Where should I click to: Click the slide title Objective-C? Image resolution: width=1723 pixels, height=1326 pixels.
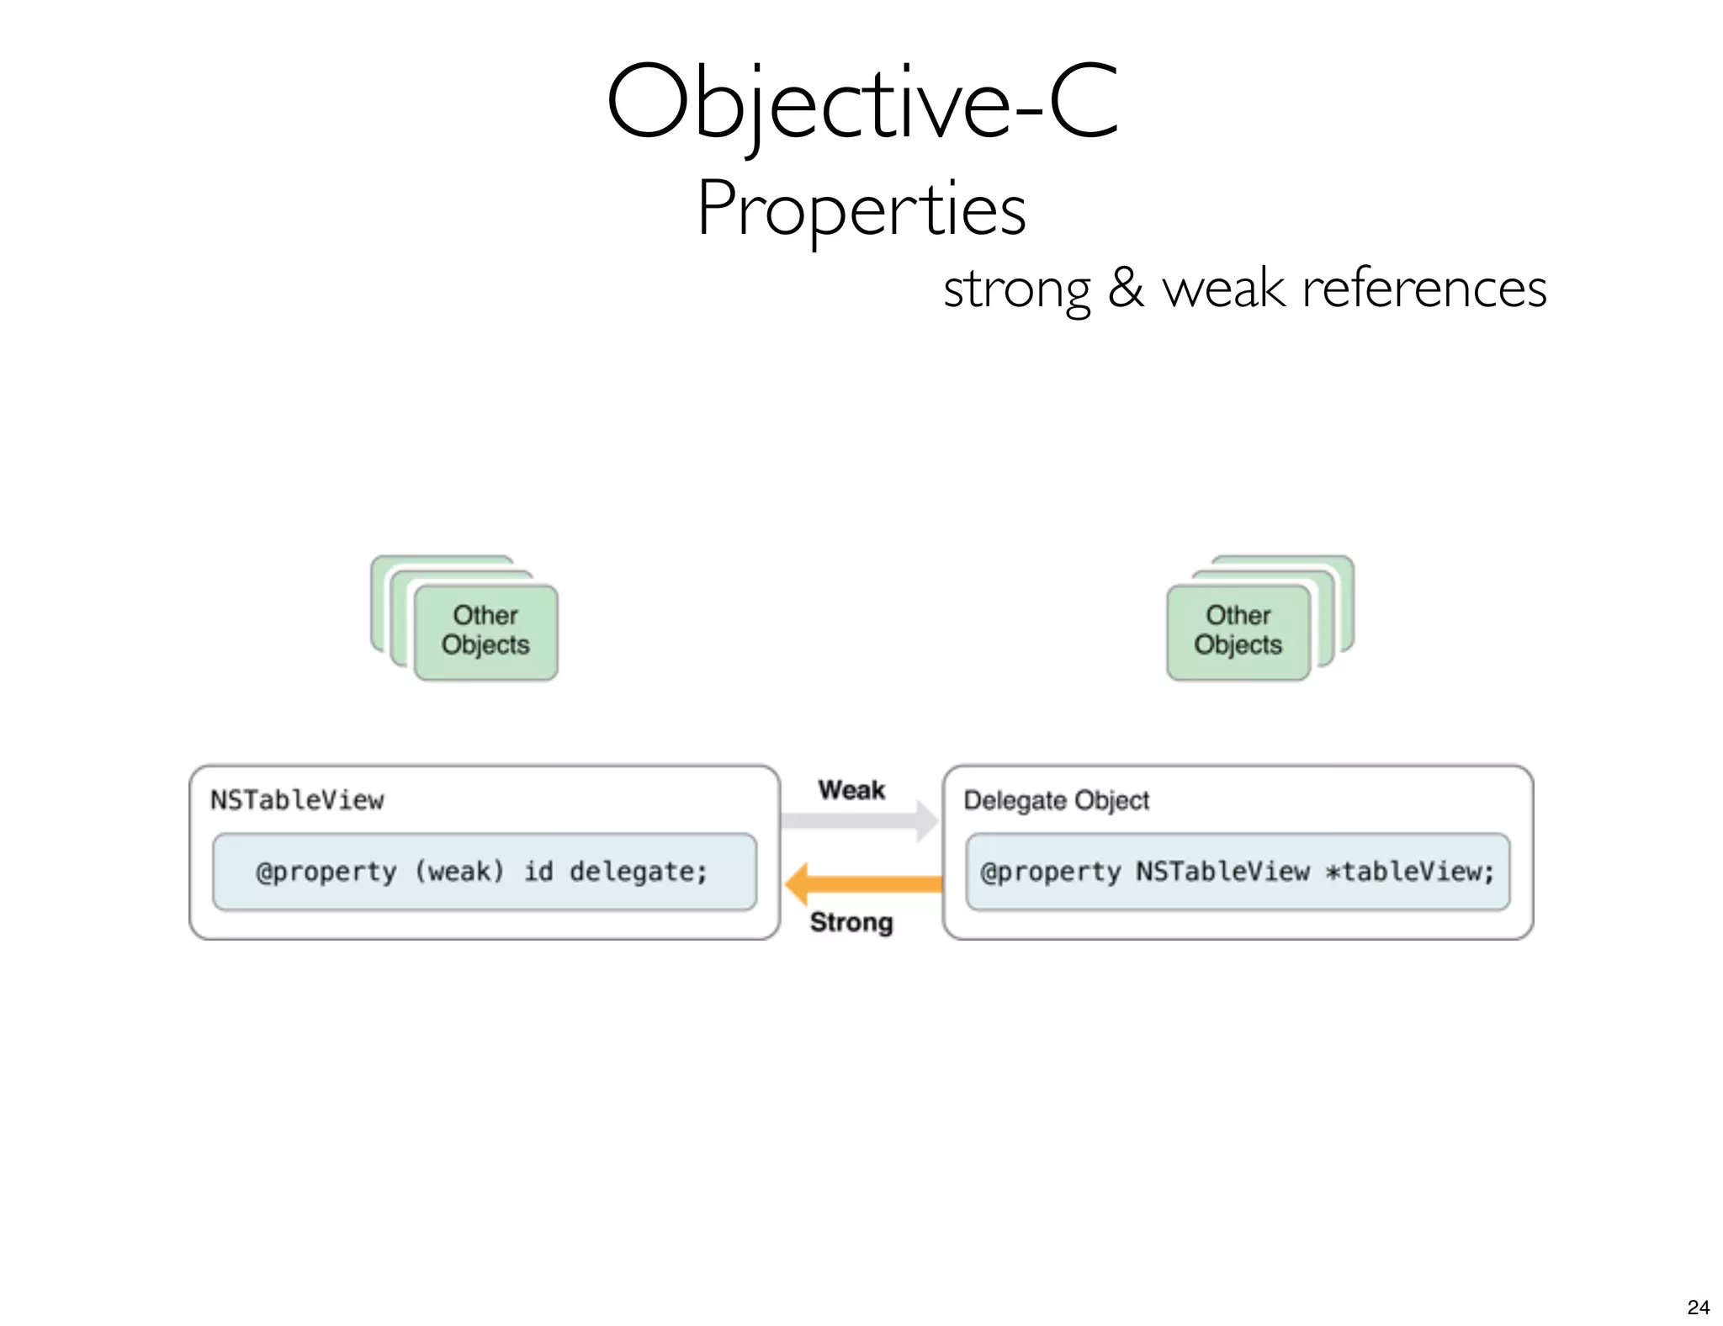click(x=861, y=103)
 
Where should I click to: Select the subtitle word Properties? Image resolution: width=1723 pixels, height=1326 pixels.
click(x=861, y=209)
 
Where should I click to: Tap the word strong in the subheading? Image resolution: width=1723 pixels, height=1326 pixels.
click(x=1016, y=289)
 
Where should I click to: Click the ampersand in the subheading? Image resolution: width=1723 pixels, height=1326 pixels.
click(x=1126, y=288)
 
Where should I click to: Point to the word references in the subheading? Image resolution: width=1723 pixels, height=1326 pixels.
click(x=1423, y=288)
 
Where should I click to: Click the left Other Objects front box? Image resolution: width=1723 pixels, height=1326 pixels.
click(x=485, y=631)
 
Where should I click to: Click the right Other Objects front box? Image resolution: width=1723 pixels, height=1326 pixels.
click(x=1238, y=631)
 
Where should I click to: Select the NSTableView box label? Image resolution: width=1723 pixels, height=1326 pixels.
click(x=297, y=799)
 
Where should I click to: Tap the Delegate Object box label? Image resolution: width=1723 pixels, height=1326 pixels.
click(x=1056, y=799)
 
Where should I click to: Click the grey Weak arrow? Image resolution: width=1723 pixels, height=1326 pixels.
click(x=858, y=820)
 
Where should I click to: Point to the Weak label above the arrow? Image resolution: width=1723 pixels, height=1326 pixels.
click(x=851, y=790)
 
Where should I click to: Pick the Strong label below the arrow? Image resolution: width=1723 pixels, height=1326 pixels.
click(x=851, y=922)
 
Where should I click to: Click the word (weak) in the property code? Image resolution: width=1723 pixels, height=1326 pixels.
click(x=459, y=872)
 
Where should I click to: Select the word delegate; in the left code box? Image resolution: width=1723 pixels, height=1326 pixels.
click(x=639, y=872)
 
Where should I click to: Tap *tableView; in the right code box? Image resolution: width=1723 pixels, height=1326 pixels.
click(x=1410, y=872)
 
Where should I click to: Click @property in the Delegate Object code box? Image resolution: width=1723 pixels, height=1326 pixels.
click(x=1051, y=872)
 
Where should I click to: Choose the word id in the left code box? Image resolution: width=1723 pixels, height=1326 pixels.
click(x=538, y=872)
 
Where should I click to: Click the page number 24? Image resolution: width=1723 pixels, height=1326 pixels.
click(x=1698, y=1307)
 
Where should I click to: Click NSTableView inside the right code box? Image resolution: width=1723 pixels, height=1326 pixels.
click(x=1222, y=872)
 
